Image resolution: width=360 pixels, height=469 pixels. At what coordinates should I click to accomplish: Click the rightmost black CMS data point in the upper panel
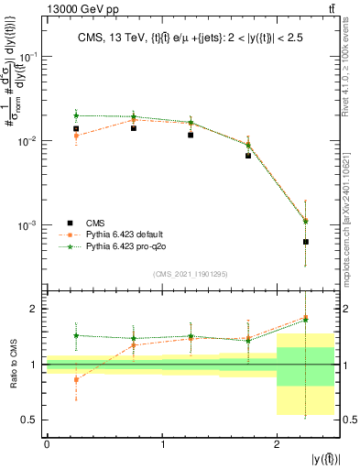click(305, 242)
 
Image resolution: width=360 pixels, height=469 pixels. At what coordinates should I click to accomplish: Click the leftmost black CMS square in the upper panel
click(76, 129)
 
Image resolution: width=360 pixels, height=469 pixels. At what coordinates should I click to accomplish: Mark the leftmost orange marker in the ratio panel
click(76, 379)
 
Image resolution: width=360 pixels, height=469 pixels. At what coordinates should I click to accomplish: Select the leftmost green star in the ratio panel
click(76, 335)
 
